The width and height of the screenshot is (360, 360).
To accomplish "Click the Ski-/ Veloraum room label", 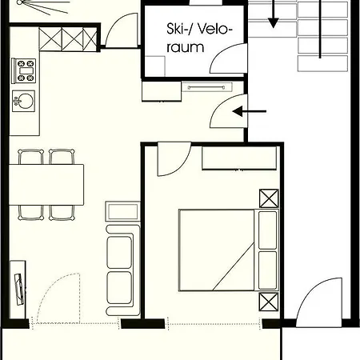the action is (x=199, y=38).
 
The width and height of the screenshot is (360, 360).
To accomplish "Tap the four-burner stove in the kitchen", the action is (x=24, y=70).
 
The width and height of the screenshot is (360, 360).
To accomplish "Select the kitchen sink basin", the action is (x=23, y=101).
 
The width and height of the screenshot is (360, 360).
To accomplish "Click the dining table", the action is (x=46, y=185).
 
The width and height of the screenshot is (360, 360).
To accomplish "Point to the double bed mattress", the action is (x=216, y=250).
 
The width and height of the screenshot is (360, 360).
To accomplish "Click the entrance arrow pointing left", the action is (x=249, y=111).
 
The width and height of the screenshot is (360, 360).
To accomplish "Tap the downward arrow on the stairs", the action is (x=273, y=14).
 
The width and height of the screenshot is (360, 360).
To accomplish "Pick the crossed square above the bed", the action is (x=269, y=198).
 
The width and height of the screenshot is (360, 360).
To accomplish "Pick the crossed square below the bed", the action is (x=269, y=302).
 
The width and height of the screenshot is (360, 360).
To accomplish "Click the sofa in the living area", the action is (x=123, y=270).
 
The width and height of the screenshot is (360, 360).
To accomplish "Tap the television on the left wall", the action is (x=18, y=289).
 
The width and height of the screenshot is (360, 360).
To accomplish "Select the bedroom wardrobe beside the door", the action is (x=239, y=158).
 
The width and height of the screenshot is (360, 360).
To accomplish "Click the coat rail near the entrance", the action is (x=206, y=87).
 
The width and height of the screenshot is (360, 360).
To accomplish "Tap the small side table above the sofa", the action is (x=122, y=211).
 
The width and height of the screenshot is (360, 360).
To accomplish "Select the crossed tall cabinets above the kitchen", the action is (x=68, y=39).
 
